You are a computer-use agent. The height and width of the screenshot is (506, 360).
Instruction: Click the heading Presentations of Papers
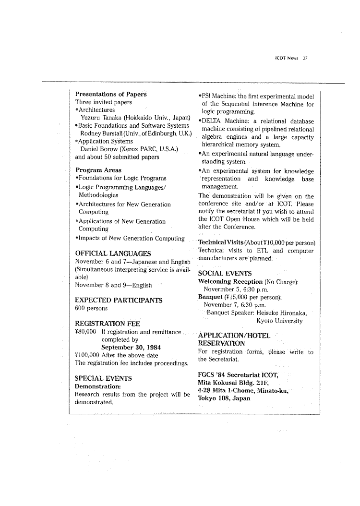coord(111,94)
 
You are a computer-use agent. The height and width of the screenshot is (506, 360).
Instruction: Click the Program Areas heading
coord(98,170)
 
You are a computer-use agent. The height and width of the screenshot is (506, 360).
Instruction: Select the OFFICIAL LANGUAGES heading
coord(114,253)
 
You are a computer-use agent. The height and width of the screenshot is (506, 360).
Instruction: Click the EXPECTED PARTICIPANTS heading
coord(119,301)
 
